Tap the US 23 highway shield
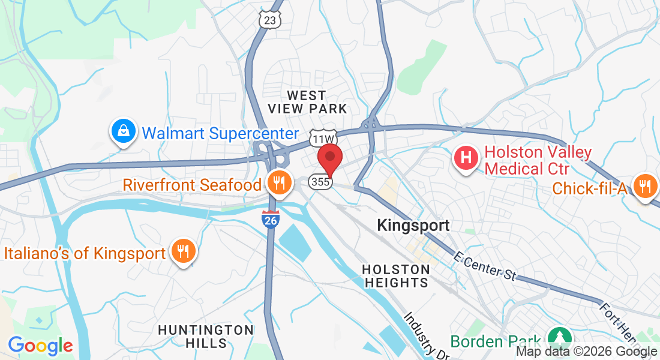tap(271, 19)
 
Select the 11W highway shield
tap(319, 138)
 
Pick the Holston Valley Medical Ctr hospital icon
tap(466, 159)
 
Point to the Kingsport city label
tap(413, 226)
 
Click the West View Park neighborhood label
tap(307, 102)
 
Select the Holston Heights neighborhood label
tap(396, 275)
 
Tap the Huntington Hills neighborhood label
tap(205, 337)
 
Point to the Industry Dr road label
tap(425, 337)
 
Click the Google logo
tap(40, 346)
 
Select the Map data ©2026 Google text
tap(586, 352)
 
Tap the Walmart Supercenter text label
tap(220, 133)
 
